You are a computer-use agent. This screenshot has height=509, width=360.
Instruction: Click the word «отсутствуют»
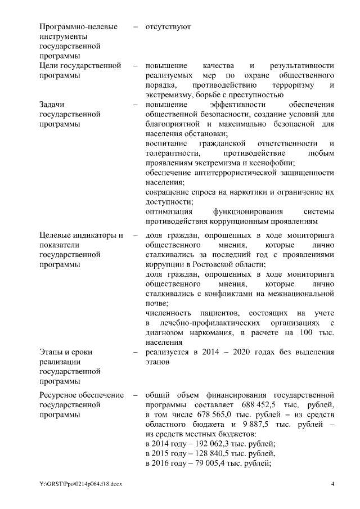pos(168,26)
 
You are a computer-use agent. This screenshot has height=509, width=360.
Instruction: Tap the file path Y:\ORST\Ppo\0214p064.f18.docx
pos(81,484)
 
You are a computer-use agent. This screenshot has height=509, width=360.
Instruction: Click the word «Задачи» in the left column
pos(53,105)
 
